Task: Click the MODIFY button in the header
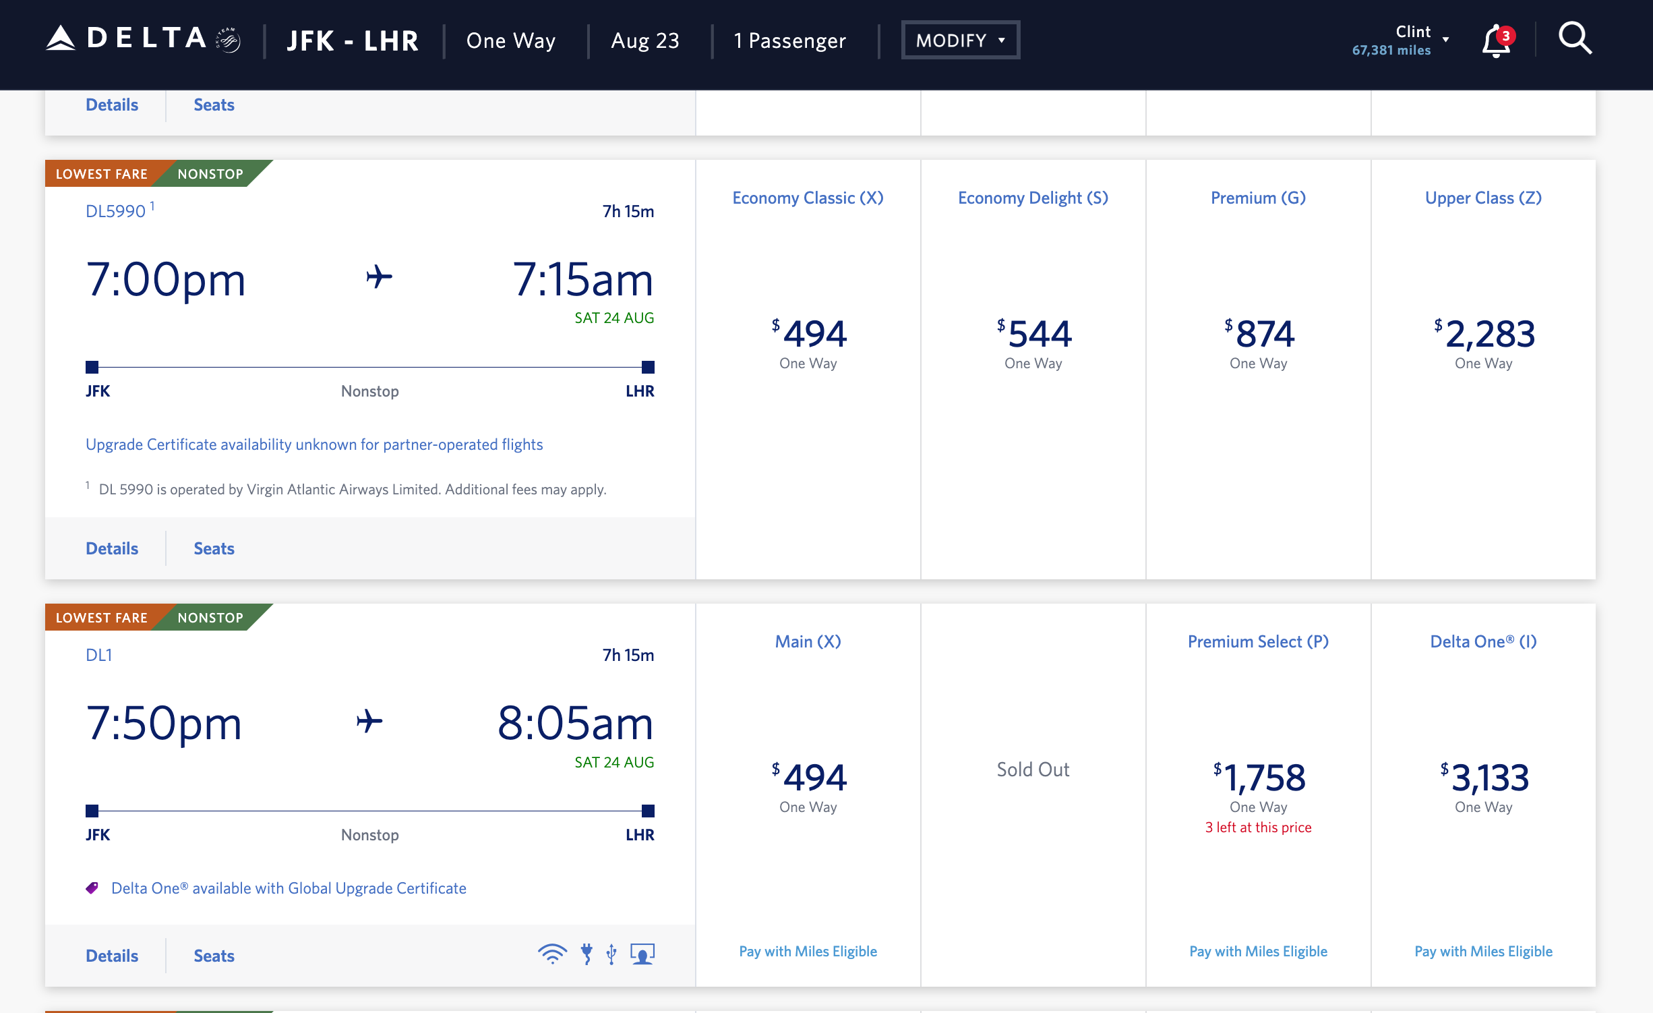tap(960, 40)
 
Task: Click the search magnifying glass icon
tap(1575, 39)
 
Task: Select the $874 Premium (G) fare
tap(1258, 335)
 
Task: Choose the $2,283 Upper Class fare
tap(1483, 335)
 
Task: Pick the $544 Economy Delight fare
tap(1033, 335)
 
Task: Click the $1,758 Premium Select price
tap(1258, 779)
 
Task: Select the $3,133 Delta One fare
tap(1483, 779)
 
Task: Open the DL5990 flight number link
tap(116, 212)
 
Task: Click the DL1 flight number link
tap(99, 656)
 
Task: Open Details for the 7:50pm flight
tap(112, 956)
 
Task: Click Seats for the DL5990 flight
tap(214, 548)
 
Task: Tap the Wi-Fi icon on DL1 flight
tap(552, 954)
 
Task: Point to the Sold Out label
tap(1033, 770)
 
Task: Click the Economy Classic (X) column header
tap(808, 198)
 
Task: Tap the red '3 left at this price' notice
tap(1258, 828)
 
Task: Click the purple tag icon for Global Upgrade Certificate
tap(92, 888)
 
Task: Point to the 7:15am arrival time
tap(582, 280)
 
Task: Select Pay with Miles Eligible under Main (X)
tap(808, 952)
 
